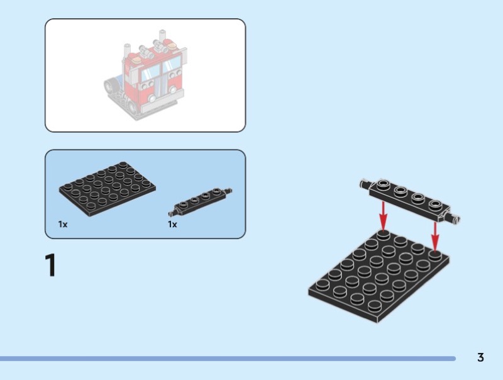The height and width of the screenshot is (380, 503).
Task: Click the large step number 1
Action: click(51, 265)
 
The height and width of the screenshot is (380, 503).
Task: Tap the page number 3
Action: click(480, 357)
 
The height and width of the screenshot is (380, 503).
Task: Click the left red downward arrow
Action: click(383, 216)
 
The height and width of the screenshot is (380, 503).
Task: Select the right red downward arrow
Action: click(435, 236)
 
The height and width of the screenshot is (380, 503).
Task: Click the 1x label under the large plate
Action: click(63, 225)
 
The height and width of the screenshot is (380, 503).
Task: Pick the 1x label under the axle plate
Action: click(172, 225)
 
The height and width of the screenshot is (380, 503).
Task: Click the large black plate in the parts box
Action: click(107, 189)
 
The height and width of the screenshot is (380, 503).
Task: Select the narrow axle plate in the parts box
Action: click(200, 201)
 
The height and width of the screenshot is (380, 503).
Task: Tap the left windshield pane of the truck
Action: click(150, 73)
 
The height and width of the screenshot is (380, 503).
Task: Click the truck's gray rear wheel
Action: click(111, 86)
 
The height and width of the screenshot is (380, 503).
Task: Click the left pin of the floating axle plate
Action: click(365, 184)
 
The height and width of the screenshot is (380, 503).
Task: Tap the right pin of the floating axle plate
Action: click(454, 218)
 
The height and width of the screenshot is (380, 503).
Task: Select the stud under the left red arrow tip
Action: click(384, 235)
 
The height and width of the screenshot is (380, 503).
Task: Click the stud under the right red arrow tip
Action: click(435, 255)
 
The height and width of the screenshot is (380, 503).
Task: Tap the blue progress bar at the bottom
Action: click(228, 358)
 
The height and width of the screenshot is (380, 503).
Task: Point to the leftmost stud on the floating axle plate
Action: click(383, 184)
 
